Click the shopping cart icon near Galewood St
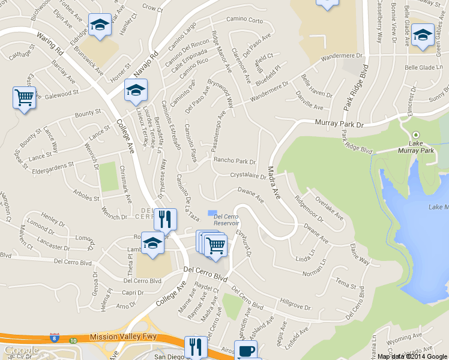(x=24, y=97)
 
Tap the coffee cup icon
(x=247, y=351)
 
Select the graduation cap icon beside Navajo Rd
(x=136, y=91)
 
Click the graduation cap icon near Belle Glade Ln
(x=423, y=35)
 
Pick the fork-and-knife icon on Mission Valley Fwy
(x=196, y=346)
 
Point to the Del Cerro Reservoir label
(x=226, y=220)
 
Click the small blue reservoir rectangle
(x=211, y=212)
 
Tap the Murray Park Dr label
(x=340, y=124)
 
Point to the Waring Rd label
(x=50, y=45)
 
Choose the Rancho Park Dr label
(x=235, y=161)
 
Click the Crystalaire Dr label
(x=248, y=176)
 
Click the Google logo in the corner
(x=21, y=350)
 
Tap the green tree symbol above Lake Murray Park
(x=416, y=136)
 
